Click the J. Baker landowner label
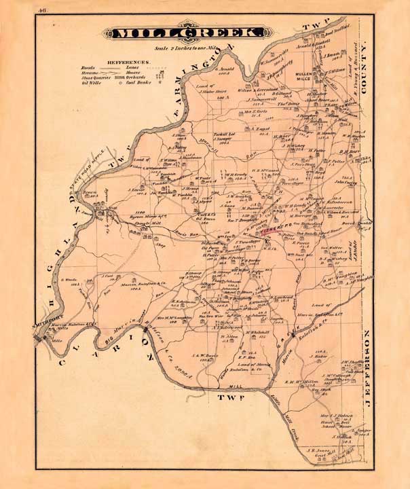(321, 355)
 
